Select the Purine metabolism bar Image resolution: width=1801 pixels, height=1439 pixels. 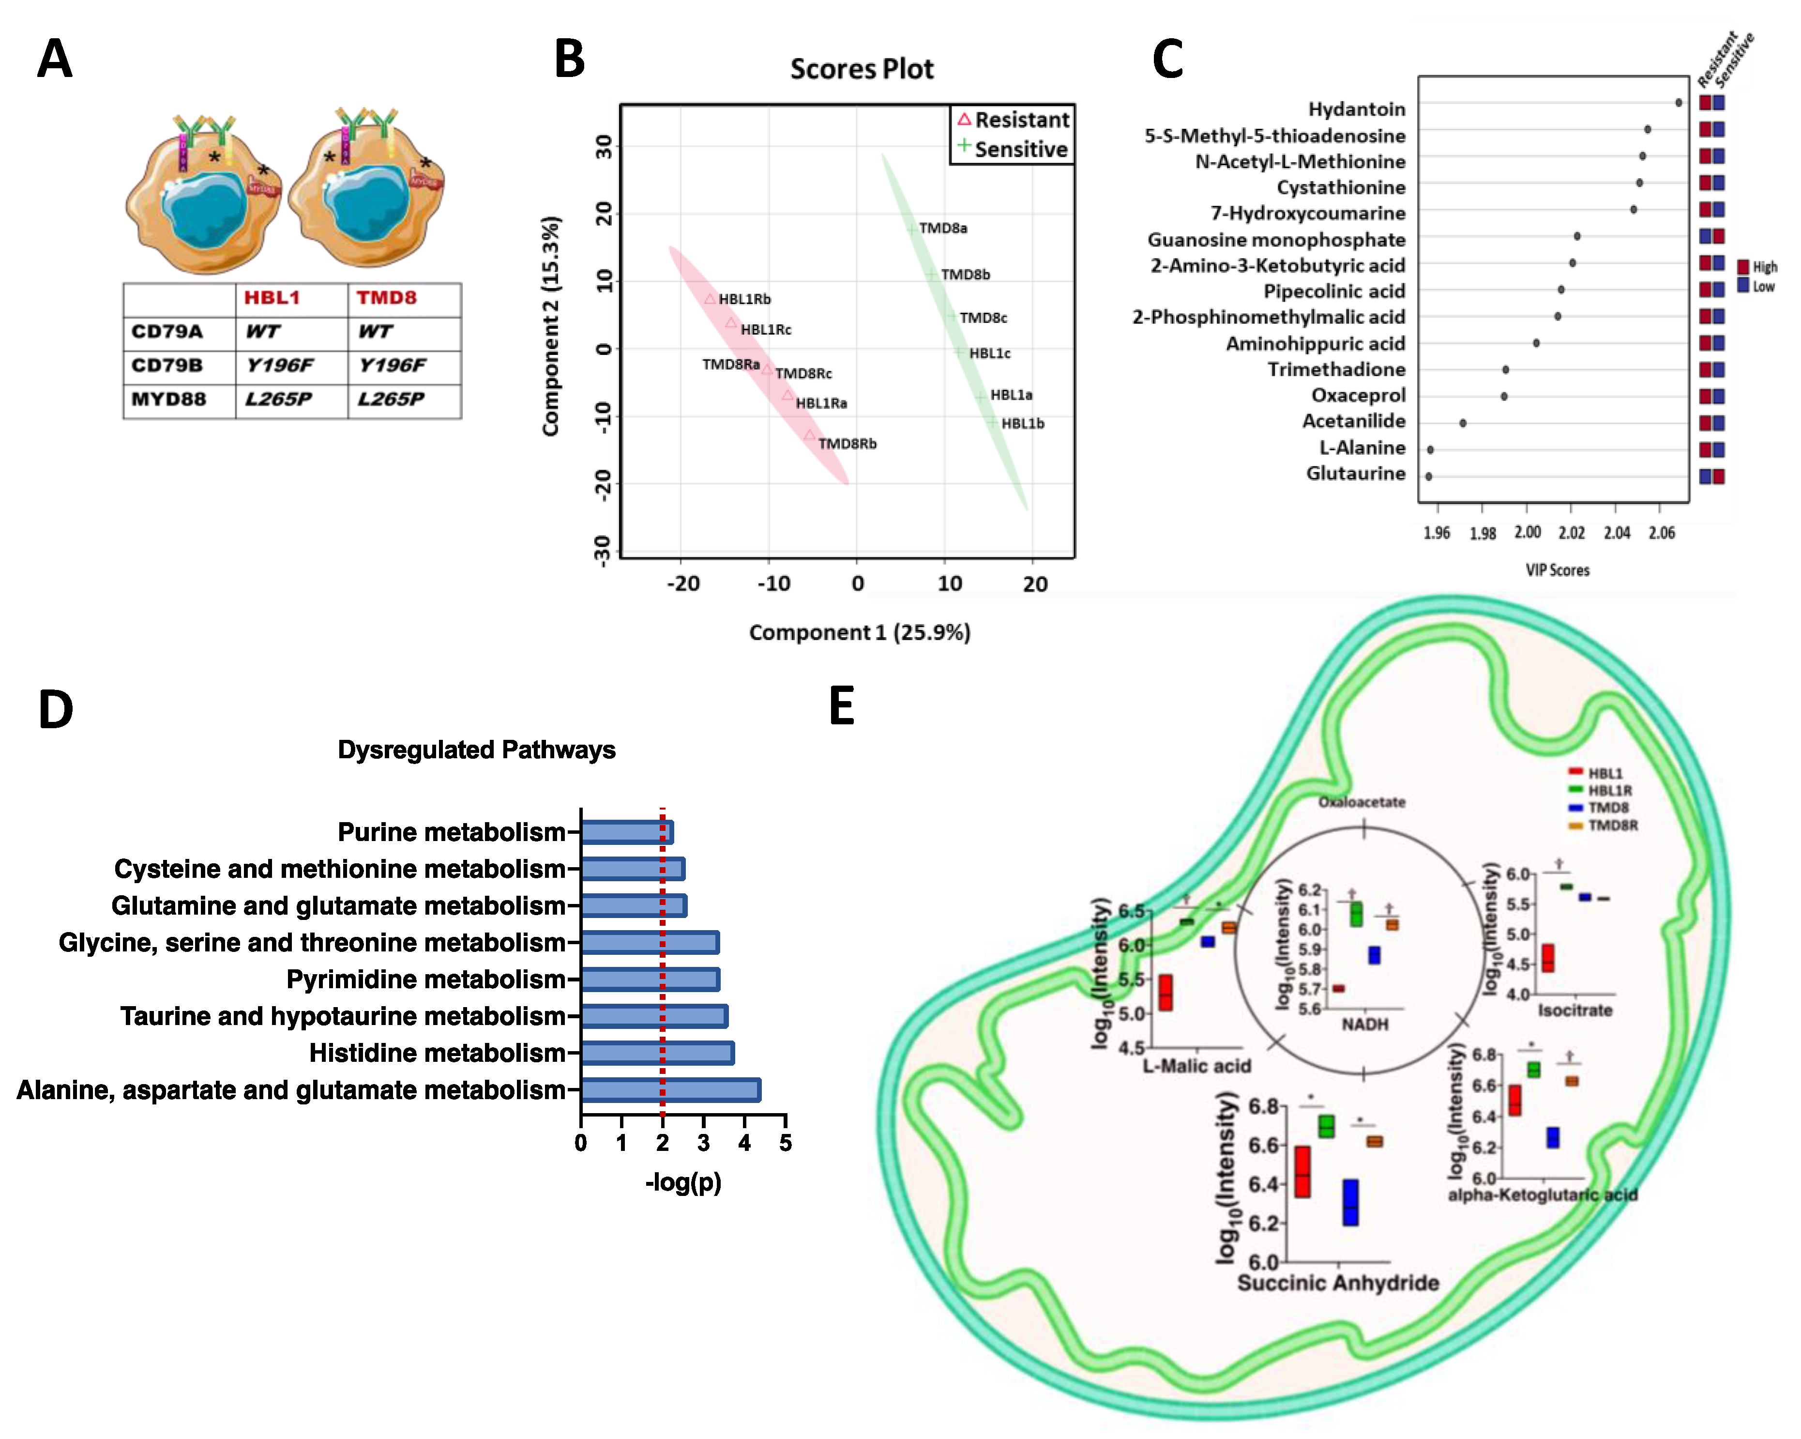(x=626, y=832)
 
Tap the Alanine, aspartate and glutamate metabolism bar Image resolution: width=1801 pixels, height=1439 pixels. (x=671, y=1090)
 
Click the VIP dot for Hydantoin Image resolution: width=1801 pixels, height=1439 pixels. (x=1678, y=103)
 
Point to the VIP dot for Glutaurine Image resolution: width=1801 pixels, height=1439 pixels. (x=1428, y=476)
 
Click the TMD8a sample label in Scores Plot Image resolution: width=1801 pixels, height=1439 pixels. (x=943, y=228)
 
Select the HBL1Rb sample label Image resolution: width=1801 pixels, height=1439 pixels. (x=744, y=299)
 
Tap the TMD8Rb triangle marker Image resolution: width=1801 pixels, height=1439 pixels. (x=809, y=434)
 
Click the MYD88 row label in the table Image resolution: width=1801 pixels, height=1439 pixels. (x=169, y=399)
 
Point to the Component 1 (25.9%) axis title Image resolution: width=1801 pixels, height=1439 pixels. (x=860, y=633)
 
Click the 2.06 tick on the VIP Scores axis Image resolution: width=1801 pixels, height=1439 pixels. (x=1662, y=532)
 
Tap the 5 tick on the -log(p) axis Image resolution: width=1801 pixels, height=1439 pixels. (x=785, y=1143)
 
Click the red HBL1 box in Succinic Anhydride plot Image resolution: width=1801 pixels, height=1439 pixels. (x=1302, y=1172)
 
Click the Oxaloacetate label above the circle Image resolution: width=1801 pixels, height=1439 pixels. (x=1362, y=802)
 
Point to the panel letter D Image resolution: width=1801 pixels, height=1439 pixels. (x=56, y=710)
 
